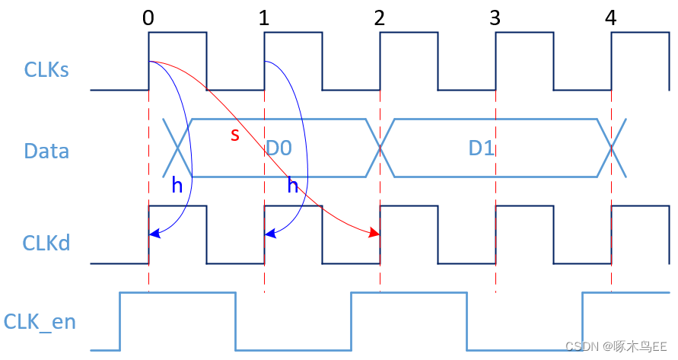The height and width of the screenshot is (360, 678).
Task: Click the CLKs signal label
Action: [46, 70]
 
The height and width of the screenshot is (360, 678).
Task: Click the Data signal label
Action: [46, 151]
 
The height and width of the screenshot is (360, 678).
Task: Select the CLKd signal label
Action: [47, 244]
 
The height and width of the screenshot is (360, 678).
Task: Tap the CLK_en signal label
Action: [40, 321]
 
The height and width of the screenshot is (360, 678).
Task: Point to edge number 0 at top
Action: [148, 18]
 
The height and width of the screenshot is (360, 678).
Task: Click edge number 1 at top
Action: [264, 18]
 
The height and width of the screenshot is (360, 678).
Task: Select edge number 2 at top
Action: [380, 18]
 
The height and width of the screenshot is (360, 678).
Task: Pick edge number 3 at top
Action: [495, 18]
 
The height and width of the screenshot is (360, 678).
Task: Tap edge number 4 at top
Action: [611, 18]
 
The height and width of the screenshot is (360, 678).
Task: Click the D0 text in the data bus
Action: [279, 148]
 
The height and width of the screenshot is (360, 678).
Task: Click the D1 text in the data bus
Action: [482, 148]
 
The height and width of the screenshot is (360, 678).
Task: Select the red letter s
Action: [235, 135]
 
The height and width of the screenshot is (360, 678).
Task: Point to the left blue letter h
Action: [177, 186]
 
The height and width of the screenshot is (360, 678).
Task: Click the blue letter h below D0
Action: [292, 186]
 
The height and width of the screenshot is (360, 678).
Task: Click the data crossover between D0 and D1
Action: [380, 148]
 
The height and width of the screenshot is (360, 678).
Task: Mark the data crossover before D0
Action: [178, 148]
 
